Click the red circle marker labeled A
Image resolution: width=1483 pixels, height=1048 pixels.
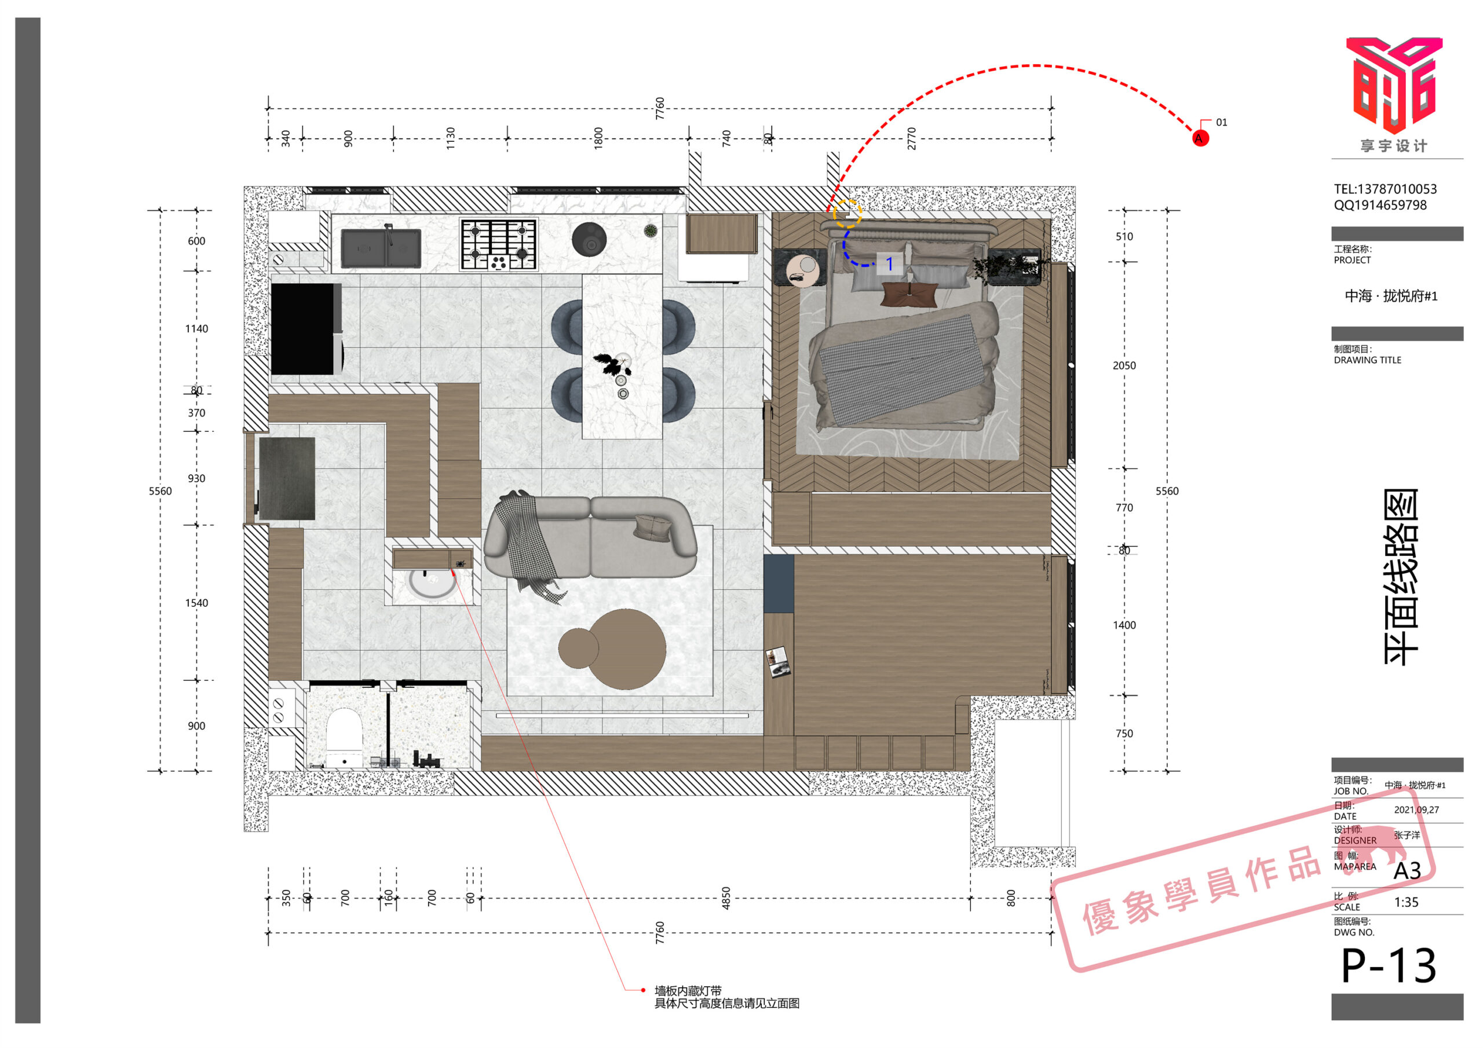coord(1200,138)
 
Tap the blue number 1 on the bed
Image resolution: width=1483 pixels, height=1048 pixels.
coord(889,263)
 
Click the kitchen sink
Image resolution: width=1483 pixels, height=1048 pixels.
coord(381,248)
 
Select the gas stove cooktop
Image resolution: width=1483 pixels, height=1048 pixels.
coord(499,244)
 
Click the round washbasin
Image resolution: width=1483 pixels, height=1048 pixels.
coord(432,583)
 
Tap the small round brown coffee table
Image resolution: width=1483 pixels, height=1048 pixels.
coord(578,648)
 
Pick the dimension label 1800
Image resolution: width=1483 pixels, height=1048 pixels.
coord(598,138)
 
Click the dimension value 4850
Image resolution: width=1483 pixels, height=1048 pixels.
coord(725,898)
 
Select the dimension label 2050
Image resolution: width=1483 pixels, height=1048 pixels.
coord(1124,365)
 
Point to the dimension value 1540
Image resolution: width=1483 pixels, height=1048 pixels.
coord(196,603)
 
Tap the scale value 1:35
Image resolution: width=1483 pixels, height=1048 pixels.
coord(1406,903)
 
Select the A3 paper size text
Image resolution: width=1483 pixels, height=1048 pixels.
coord(1407,871)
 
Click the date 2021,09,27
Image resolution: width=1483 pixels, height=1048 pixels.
coord(1416,809)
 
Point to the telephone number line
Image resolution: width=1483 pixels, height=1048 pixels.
coord(1386,189)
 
